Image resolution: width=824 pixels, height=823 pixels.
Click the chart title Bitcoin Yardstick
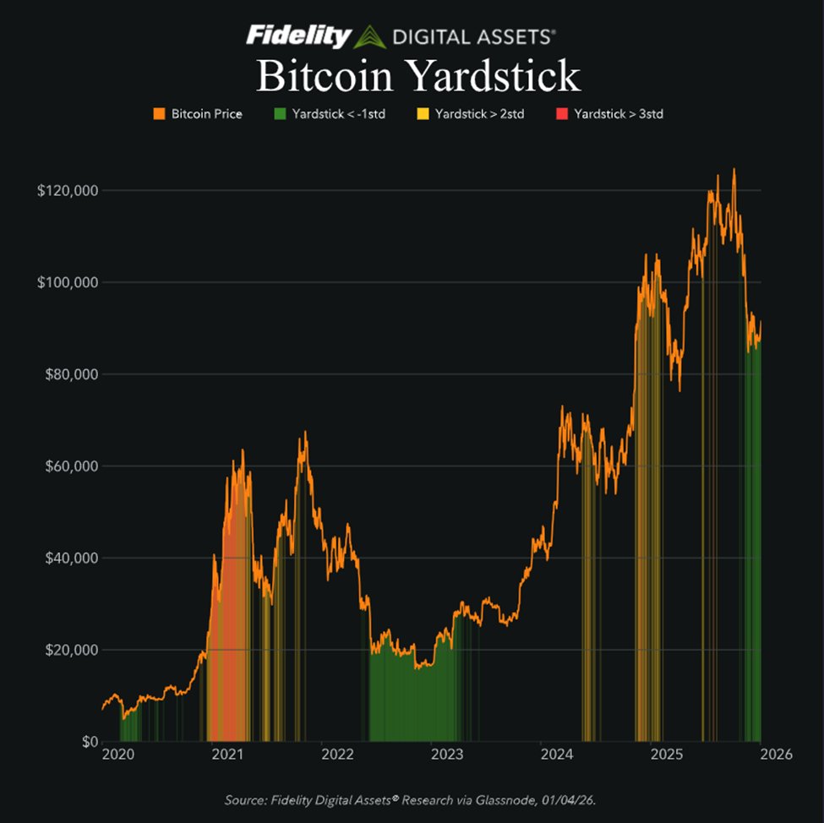tap(418, 76)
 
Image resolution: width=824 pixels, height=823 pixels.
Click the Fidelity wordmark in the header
tap(298, 36)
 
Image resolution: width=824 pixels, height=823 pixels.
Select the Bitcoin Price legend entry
tap(198, 113)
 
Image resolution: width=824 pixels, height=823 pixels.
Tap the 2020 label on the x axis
tap(117, 755)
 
